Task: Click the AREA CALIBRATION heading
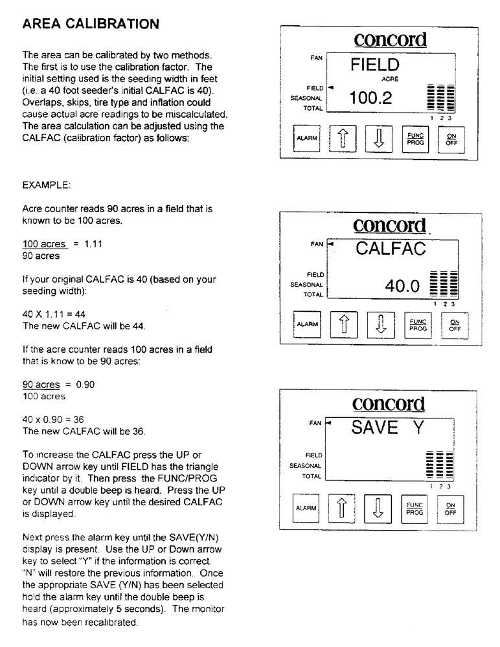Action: [90, 25]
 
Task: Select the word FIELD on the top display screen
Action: [375, 65]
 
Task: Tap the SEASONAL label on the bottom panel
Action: [306, 465]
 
